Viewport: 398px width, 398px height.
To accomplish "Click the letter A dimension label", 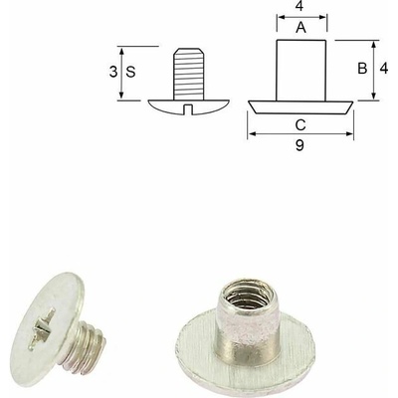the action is (x=300, y=28).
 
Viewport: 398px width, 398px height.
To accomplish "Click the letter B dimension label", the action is (x=362, y=69).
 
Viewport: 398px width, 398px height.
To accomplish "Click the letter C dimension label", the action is (x=300, y=125).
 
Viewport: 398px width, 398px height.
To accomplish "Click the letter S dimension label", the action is (x=131, y=72).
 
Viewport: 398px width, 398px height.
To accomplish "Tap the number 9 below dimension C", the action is (x=299, y=145).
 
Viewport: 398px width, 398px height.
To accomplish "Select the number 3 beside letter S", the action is (x=113, y=72).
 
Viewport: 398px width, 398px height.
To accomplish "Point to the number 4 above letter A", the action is (x=299, y=6).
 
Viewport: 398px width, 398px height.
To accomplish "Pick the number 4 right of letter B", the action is (x=384, y=69).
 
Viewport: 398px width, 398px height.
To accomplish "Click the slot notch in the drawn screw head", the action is (x=188, y=109).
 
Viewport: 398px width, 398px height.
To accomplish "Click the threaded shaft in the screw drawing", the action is (x=188, y=74).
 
